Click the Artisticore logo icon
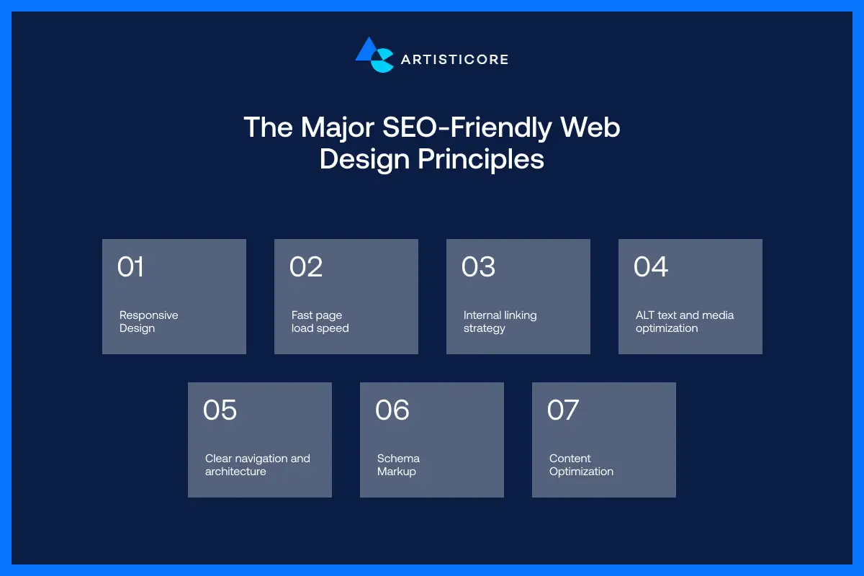point(374,55)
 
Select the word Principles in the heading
point(481,159)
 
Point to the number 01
point(131,267)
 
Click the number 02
point(306,267)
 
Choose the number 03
point(478,267)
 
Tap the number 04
point(651,267)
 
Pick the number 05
point(220,410)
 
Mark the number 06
point(392,410)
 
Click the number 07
point(563,410)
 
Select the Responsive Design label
point(148,322)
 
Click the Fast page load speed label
point(320,322)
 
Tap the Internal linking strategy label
point(500,322)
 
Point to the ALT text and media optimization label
point(684,322)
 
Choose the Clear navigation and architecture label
point(257,465)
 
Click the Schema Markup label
point(398,465)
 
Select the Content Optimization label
point(581,465)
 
